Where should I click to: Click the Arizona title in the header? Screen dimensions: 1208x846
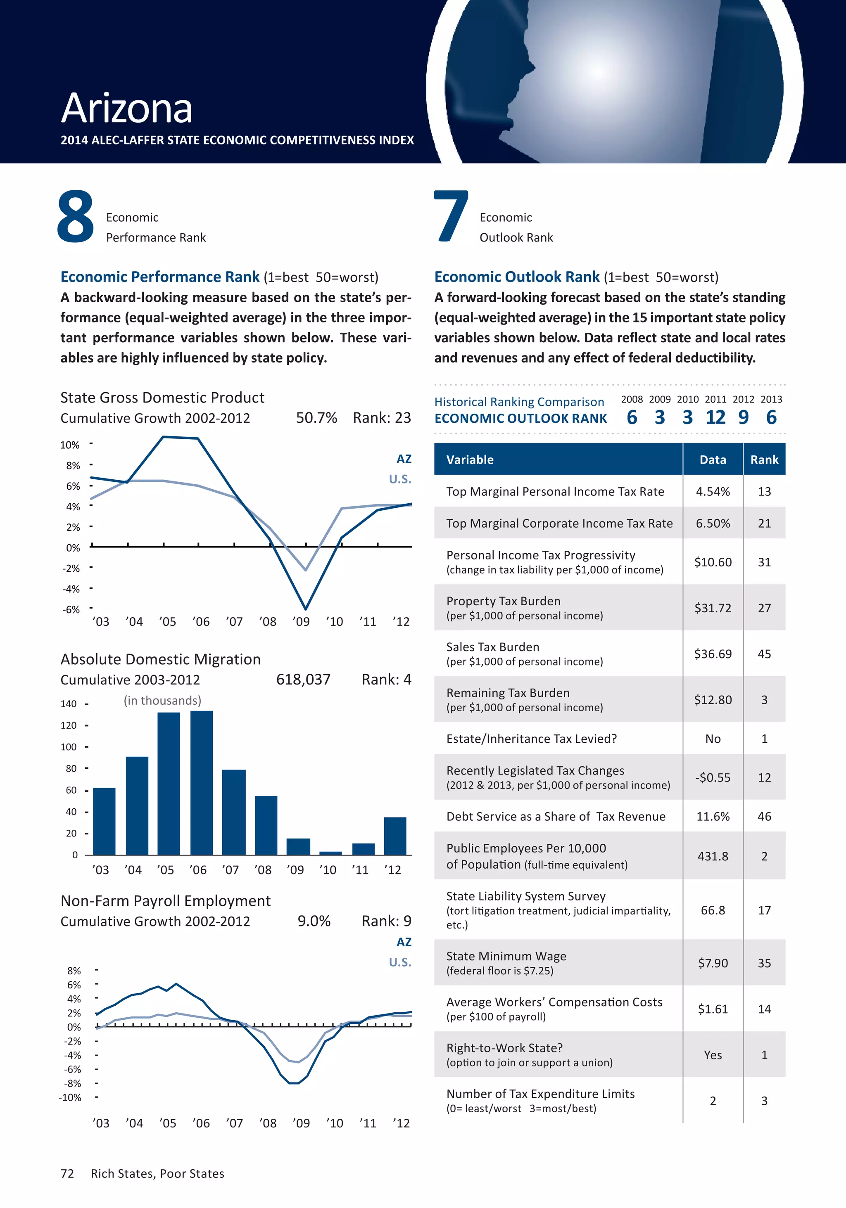tap(126, 109)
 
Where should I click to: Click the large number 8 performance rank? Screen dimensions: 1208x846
tap(75, 217)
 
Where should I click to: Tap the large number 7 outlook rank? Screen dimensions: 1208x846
tap(451, 217)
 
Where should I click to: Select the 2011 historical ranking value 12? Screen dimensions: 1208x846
tap(715, 417)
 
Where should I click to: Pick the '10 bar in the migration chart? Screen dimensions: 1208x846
tap(330, 853)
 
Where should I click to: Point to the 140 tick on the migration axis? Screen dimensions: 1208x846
tap(69, 704)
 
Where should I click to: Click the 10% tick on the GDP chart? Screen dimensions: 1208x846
tap(69, 445)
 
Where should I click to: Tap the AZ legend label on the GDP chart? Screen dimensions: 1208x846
tap(404, 459)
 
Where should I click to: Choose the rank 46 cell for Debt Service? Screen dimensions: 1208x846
tap(764, 817)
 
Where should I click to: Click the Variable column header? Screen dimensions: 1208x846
tap(470, 460)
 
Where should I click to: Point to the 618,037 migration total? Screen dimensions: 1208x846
tap(303, 680)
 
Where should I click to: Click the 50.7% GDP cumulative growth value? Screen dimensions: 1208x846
tap(316, 418)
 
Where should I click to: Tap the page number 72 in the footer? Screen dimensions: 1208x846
tap(67, 1174)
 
